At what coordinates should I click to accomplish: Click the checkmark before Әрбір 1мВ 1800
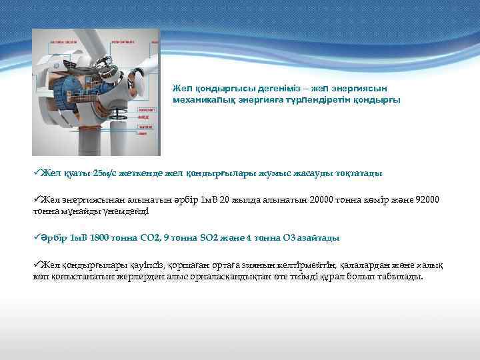pyautogui.click(x=37, y=237)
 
